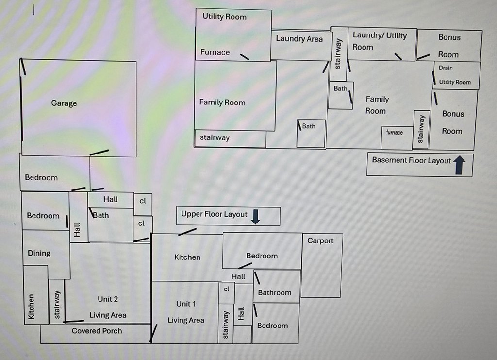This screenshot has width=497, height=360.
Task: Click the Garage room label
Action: click(x=64, y=103)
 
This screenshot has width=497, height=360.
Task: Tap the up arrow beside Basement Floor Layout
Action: click(x=460, y=166)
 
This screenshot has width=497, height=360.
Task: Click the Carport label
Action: click(x=320, y=240)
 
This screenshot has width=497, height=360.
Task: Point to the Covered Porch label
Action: click(x=97, y=331)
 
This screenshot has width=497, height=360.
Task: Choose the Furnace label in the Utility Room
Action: click(x=215, y=52)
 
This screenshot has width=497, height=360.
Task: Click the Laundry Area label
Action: click(x=299, y=39)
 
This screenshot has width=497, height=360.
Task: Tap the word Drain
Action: click(x=446, y=68)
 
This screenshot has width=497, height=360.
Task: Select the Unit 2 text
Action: click(x=108, y=299)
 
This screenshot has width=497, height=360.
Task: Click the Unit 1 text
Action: click(x=186, y=304)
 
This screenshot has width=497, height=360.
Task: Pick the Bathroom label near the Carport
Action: click(x=274, y=292)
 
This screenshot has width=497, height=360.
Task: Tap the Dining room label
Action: click(x=39, y=253)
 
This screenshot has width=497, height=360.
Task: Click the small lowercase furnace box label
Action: click(x=394, y=132)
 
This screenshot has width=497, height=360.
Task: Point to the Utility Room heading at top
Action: click(x=224, y=17)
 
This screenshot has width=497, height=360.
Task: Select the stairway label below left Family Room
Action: click(x=215, y=137)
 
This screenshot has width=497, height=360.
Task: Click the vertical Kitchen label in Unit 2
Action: click(x=31, y=306)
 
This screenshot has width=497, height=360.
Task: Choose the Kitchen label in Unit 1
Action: click(x=187, y=257)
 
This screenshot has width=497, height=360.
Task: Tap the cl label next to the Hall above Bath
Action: click(x=142, y=200)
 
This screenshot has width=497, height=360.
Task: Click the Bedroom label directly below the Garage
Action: click(x=41, y=177)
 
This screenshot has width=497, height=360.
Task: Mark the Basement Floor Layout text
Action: click(x=411, y=160)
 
